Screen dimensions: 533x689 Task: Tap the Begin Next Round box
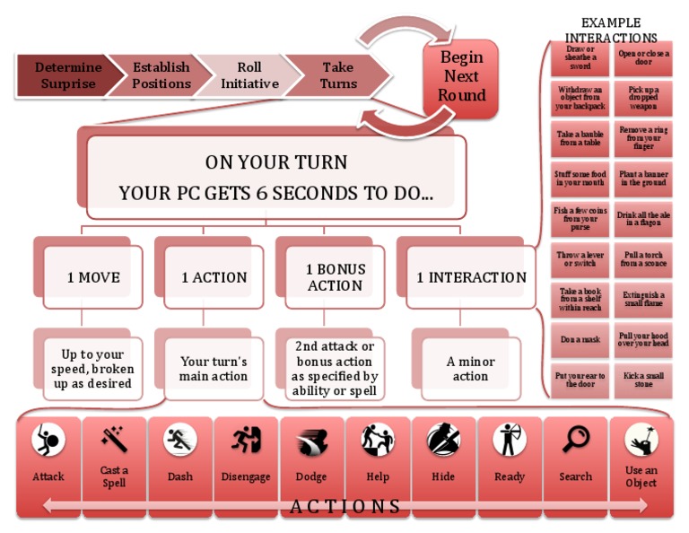461,78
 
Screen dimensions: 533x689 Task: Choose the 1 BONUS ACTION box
335,278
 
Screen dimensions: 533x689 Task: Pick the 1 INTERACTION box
471,278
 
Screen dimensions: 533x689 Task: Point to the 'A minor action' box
470,369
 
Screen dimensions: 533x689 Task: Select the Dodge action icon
311,441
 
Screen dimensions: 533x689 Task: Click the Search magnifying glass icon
575,440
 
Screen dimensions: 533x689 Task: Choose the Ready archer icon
509,440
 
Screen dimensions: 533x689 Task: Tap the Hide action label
443,476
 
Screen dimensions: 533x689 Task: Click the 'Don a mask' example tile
580,340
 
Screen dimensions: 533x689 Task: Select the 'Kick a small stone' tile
641,380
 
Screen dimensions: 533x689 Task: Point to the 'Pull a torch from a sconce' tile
641,259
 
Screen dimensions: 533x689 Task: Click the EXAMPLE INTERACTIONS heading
610,30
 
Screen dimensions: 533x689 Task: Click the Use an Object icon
641,440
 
